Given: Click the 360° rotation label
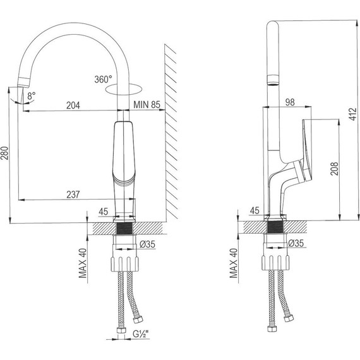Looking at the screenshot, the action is click(103, 80).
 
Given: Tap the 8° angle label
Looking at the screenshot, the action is click(32, 96).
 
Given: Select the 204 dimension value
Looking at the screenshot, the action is click(73, 105).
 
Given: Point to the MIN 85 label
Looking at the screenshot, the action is click(147, 105).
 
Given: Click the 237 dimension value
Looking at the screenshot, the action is click(73, 195).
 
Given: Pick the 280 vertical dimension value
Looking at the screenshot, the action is click(4, 153).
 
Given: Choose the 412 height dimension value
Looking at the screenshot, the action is click(353, 114).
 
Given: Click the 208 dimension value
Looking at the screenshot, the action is click(334, 169).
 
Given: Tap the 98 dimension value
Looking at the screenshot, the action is click(290, 102).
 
